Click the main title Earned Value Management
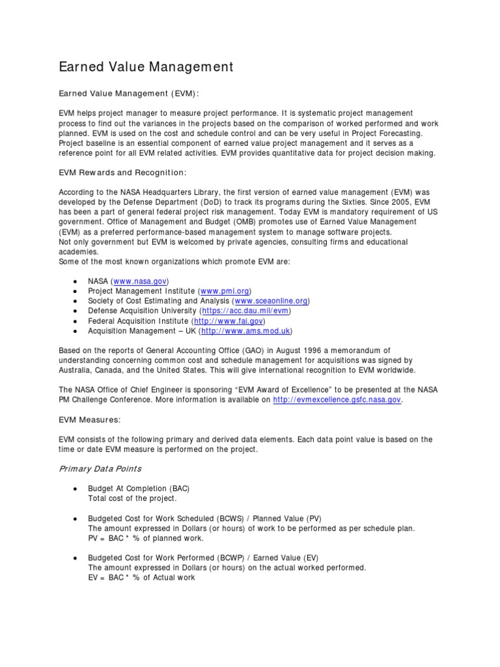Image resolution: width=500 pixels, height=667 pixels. coord(146,66)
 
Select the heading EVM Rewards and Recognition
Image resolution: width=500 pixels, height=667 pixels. coord(122,173)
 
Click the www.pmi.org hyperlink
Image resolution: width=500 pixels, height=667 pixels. coord(223,291)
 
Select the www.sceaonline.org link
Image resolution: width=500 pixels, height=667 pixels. coord(271,301)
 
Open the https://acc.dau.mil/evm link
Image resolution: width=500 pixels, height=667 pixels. coord(249,311)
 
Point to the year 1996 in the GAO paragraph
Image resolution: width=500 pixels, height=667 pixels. coord(314,350)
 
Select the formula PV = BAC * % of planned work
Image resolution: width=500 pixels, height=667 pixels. coord(146,538)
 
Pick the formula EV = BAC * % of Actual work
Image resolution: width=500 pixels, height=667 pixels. coord(141,577)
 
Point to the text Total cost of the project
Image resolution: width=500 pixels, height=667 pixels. coord(132,498)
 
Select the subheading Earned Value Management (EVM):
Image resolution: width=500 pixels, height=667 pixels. coord(128,94)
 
